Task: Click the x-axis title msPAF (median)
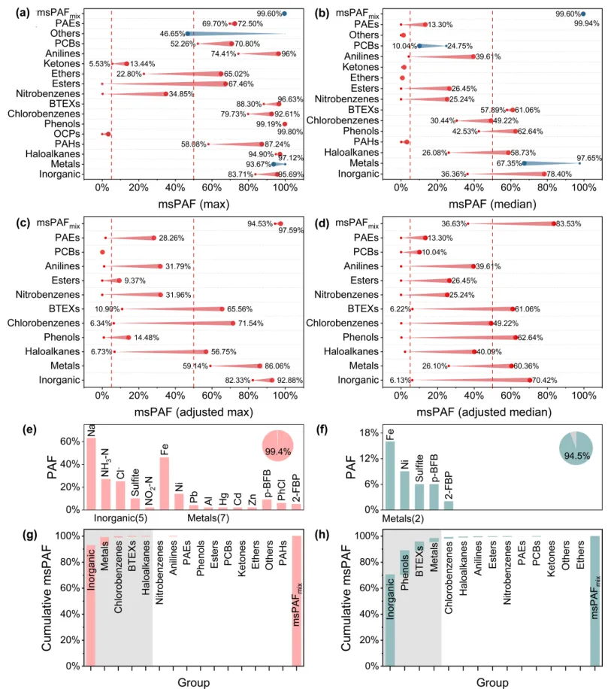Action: coord(492,204)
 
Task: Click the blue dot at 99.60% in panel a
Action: coord(283,14)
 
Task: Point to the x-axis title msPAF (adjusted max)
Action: coord(194,412)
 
